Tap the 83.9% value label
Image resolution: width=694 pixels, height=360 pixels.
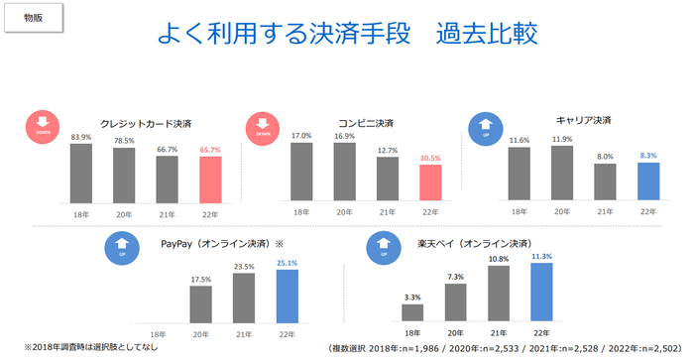81,137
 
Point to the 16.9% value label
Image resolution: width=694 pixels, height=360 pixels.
345,137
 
